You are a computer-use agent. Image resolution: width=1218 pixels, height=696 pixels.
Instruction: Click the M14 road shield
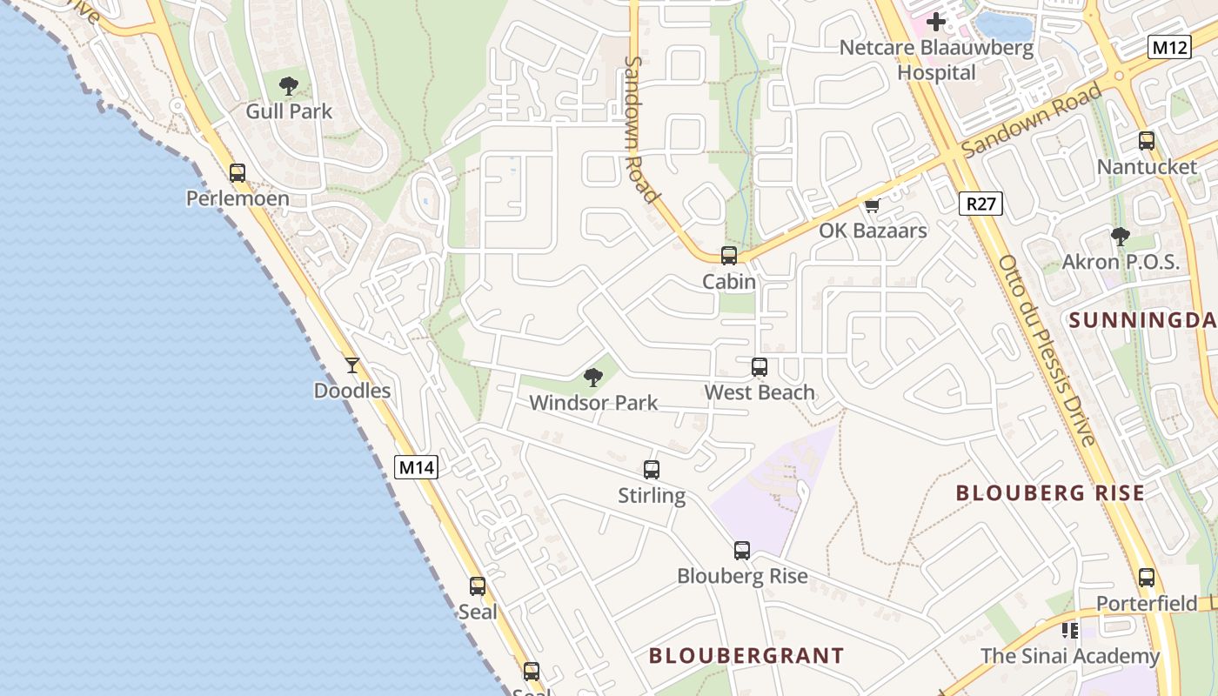[416, 467]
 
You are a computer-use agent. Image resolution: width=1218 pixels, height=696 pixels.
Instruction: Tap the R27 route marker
[980, 204]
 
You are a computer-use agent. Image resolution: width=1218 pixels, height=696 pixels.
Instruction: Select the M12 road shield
[1168, 47]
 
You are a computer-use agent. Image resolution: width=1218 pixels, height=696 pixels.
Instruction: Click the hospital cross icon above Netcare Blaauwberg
[936, 21]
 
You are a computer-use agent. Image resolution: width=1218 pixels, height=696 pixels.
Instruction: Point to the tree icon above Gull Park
[289, 85]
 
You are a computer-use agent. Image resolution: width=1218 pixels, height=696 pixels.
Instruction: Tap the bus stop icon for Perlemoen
[238, 172]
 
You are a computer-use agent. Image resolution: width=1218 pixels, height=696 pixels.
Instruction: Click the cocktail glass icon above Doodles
[351, 365]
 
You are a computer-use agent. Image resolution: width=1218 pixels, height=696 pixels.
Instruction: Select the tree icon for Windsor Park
[593, 377]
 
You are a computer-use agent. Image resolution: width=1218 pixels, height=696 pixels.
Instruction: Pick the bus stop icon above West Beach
[760, 367]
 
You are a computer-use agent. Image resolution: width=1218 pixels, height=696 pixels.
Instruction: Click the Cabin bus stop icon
[729, 256]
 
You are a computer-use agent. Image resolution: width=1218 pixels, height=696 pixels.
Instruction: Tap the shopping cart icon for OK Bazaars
[872, 205]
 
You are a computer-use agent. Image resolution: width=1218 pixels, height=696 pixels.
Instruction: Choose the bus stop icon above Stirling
[652, 470]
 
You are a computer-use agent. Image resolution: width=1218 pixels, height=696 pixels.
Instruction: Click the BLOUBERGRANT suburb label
[746, 655]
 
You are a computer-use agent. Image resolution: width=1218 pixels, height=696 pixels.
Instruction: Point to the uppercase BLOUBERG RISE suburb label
[1050, 493]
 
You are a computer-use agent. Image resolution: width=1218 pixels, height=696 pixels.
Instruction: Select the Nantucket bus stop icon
[1147, 140]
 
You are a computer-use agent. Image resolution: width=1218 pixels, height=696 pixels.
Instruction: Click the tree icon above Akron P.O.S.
[1121, 236]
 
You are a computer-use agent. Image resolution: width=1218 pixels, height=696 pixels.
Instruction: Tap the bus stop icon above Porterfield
[1147, 577]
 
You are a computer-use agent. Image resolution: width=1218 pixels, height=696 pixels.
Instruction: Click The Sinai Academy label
[1070, 656]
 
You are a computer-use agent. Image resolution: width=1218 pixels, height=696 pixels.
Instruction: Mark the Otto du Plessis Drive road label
[1046, 350]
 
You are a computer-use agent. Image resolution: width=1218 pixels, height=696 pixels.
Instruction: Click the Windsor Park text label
[593, 403]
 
